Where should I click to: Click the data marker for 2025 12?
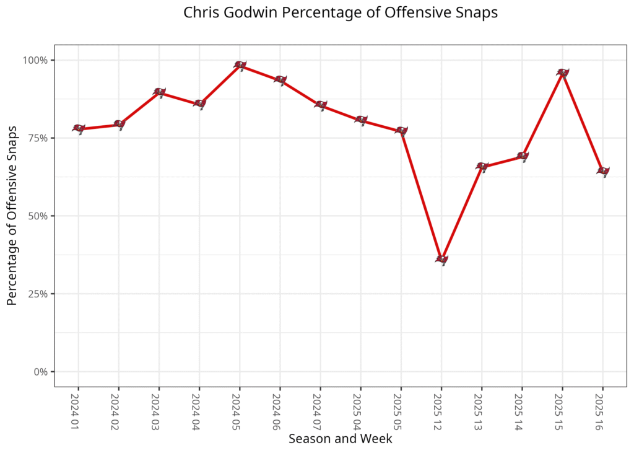pos(441,260)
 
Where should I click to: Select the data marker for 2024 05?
pos(240,65)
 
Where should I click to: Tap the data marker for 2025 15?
pos(562,73)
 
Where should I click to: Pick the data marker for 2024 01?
pos(79,129)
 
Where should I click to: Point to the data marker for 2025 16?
pos(602,171)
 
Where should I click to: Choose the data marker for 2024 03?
pos(159,92)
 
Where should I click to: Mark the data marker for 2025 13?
pos(482,167)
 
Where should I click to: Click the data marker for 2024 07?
pos(321,105)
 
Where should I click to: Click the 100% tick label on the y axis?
pos(36,60)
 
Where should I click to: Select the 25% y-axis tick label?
pos(38,294)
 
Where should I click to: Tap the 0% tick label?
pos(41,372)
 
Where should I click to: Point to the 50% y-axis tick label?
pos(38,216)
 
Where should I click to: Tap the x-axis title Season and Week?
pos(340,439)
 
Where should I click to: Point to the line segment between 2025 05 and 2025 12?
pos(421,195)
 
